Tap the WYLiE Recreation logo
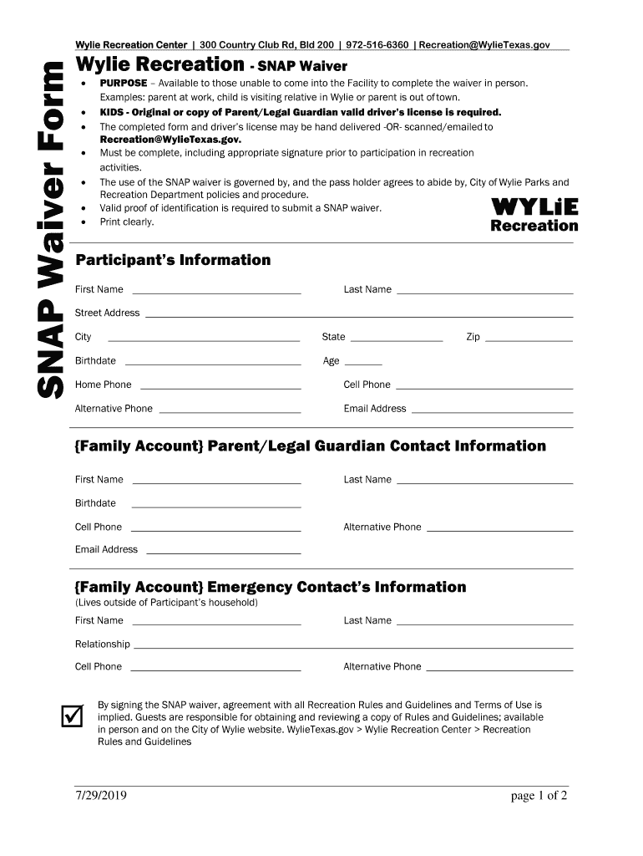click(534, 215)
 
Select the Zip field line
click(529, 339)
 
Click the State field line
click(397, 339)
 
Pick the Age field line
click(363, 364)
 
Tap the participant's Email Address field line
click(492, 411)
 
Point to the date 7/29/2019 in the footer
click(101, 796)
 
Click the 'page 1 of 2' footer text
click(539, 796)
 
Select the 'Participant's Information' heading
click(173, 260)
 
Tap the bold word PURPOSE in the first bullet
click(124, 84)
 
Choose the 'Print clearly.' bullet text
click(127, 222)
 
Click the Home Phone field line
click(220, 387)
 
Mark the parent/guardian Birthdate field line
click(216, 506)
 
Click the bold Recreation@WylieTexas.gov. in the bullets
click(170, 140)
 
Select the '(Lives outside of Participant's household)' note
click(166, 603)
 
